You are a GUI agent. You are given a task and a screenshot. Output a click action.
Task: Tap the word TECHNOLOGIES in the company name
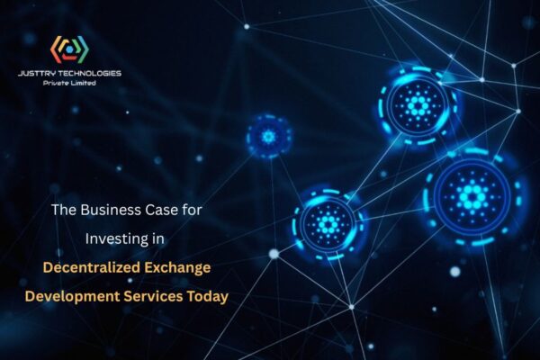pyautogui.click(x=93, y=73)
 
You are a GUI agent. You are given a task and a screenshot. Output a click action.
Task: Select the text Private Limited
pyautogui.click(x=70, y=83)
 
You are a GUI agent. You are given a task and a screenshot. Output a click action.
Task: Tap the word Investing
pyautogui.click(x=118, y=239)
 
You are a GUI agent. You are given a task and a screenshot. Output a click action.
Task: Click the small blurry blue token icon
pyautogui.click(x=267, y=136)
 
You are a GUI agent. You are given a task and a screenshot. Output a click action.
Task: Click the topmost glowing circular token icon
pyautogui.click(x=418, y=104)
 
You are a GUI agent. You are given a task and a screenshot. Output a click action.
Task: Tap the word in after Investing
pyautogui.click(x=162, y=239)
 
